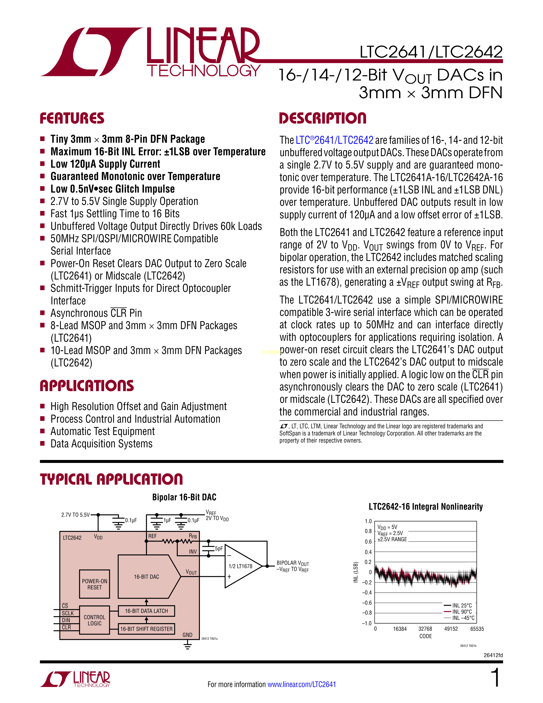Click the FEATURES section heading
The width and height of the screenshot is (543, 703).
pyautogui.click(x=72, y=118)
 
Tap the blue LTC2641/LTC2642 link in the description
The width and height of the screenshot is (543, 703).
pyautogui.click(x=334, y=140)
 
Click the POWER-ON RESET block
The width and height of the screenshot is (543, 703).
pyautogui.click(x=94, y=584)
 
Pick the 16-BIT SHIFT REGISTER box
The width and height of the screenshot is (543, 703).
pyautogui.click(x=146, y=629)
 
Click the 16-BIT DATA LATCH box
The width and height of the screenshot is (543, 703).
pyautogui.click(x=146, y=611)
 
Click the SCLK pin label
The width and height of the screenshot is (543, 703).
pyautogui.click(x=68, y=613)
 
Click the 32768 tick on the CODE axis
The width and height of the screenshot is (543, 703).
pyautogui.click(x=425, y=629)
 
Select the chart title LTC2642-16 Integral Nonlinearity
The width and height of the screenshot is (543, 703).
pyautogui.click(x=426, y=507)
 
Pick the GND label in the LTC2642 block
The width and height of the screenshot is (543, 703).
pyautogui.click(x=187, y=635)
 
